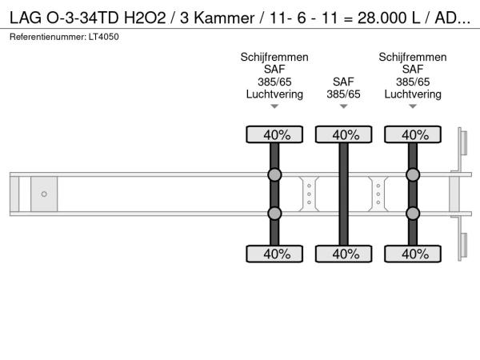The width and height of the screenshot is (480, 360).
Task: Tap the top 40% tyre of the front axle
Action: (274, 134)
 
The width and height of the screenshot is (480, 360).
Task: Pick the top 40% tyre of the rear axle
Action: (413, 134)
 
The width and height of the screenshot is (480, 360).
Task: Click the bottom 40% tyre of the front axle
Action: (274, 254)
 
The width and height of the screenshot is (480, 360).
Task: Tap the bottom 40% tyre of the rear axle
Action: (413, 254)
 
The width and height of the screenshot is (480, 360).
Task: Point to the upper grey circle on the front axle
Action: (274, 175)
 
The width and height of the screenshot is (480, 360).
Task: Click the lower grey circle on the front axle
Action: (274, 213)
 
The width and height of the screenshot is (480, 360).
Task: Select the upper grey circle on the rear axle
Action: (413, 175)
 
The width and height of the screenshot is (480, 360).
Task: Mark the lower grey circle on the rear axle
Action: (413, 213)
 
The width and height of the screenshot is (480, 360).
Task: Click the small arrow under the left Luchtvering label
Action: (274, 106)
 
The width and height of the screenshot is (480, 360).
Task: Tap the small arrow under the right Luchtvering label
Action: (413, 106)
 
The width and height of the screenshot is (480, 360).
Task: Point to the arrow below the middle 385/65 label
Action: (343, 106)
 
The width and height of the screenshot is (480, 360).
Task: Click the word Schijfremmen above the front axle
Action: (274, 58)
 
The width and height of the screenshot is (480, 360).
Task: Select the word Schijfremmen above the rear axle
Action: (413, 58)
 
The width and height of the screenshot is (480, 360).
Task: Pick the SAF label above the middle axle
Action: (343, 82)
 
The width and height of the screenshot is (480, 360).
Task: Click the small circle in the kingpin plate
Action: (44, 194)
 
